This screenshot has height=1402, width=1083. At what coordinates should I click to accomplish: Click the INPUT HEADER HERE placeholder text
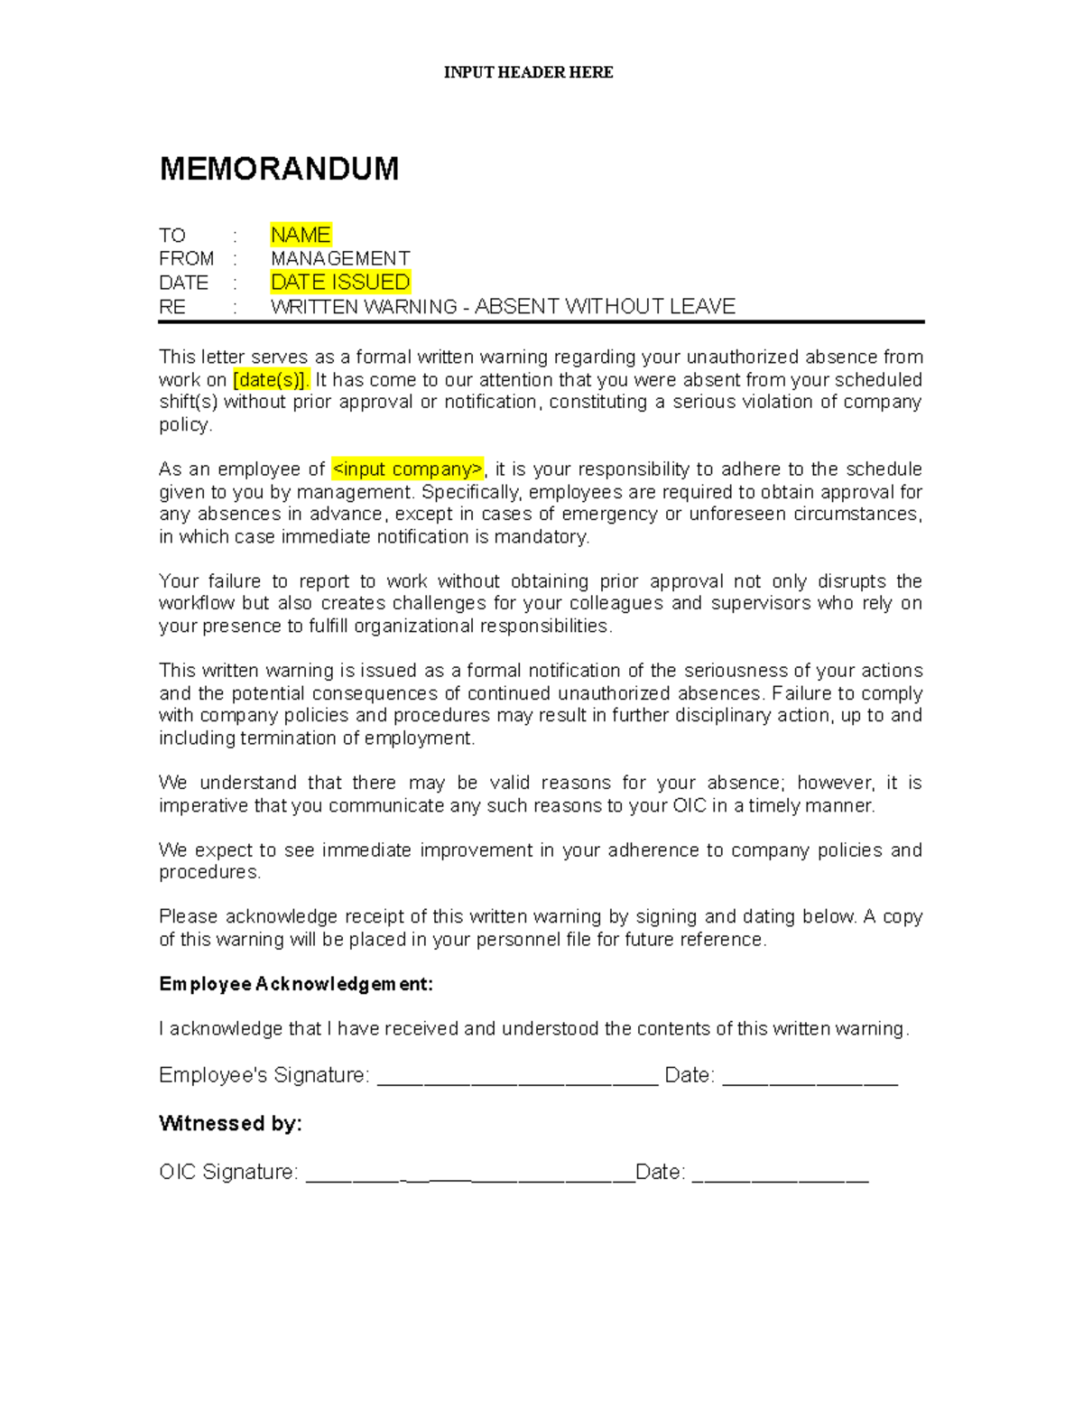[x=528, y=72]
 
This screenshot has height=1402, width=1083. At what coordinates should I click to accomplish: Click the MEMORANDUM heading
[x=279, y=169]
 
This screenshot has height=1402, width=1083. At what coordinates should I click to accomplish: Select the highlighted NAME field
[x=301, y=235]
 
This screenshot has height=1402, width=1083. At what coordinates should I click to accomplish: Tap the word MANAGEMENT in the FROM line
[x=340, y=259]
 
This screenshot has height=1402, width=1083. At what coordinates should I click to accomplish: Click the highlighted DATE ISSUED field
[x=340, y=283]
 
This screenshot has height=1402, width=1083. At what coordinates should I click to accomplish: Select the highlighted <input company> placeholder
[x=408, y=469]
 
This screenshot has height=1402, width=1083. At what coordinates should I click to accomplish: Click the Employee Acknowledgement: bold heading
[x=296, y=984]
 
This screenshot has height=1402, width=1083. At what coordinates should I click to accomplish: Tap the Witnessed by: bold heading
[x=230, y=1123]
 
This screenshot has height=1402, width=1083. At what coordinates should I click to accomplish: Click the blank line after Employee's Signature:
[x=517, y=1078]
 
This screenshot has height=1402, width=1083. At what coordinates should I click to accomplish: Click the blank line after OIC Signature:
[x=470, y=1175]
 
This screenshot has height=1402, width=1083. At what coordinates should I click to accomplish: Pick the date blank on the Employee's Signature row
[x=810, y=1078]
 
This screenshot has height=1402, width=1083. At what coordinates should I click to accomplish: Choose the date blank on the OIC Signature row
[x=780, y=1175]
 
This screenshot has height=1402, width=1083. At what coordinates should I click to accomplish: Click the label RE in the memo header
[x=172, y=307]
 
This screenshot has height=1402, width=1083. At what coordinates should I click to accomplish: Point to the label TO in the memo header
[x=171, y=236]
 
